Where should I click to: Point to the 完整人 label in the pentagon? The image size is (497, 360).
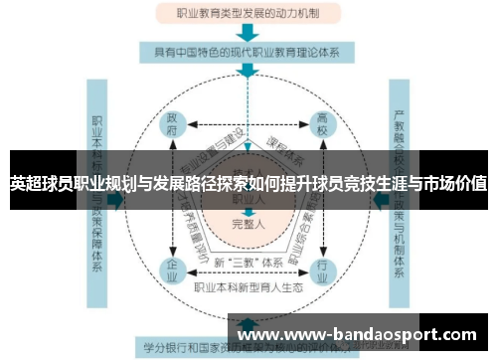tap(248, 225)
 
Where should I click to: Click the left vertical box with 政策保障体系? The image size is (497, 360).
tap(99, 169)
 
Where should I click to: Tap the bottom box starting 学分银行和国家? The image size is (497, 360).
tap(199, 348)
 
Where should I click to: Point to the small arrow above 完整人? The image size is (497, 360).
tap(248, 211)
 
